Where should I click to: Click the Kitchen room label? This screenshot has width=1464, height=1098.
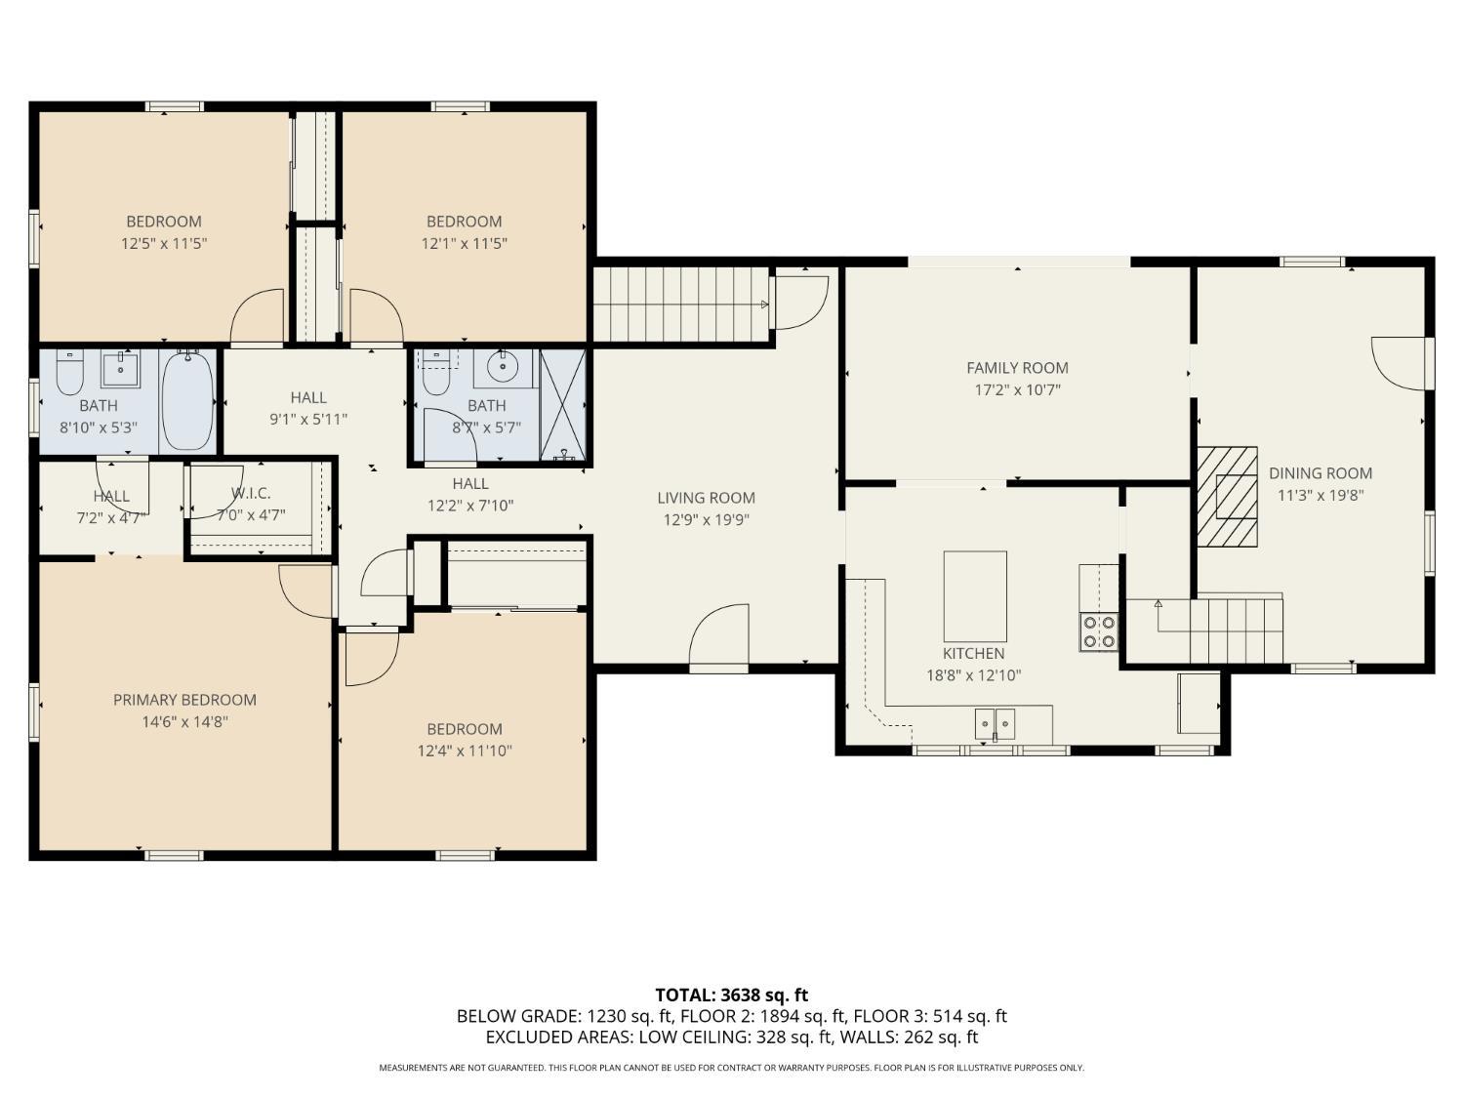[973, 653]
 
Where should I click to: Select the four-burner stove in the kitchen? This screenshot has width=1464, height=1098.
[1099, 632]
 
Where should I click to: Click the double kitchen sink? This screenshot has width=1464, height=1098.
[995, 724]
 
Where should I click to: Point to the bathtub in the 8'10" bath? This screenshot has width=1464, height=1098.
[187, 401]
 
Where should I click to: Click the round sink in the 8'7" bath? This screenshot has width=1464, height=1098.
[503, 366]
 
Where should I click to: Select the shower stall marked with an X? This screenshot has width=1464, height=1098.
[562, 405]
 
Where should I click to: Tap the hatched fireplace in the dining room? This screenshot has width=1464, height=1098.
[1227, 497]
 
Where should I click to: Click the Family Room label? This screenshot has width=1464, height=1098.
[1017, 367]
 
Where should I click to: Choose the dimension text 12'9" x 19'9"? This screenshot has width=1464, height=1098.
[706, 519]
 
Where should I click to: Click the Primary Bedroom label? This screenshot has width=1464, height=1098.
[184, 700]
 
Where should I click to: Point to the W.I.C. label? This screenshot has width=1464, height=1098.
[251, 493]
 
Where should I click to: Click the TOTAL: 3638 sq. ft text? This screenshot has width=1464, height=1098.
[732, 995]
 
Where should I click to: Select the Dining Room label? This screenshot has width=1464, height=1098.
[1320, 473]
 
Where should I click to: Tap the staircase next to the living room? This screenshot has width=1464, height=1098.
[681, 305]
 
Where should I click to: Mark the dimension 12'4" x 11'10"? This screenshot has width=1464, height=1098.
[465, 751]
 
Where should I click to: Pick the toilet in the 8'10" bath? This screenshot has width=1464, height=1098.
[69, 373]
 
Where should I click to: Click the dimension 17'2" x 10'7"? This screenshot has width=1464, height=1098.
[1017, 389]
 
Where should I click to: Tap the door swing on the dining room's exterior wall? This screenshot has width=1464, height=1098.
[1397, 364]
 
